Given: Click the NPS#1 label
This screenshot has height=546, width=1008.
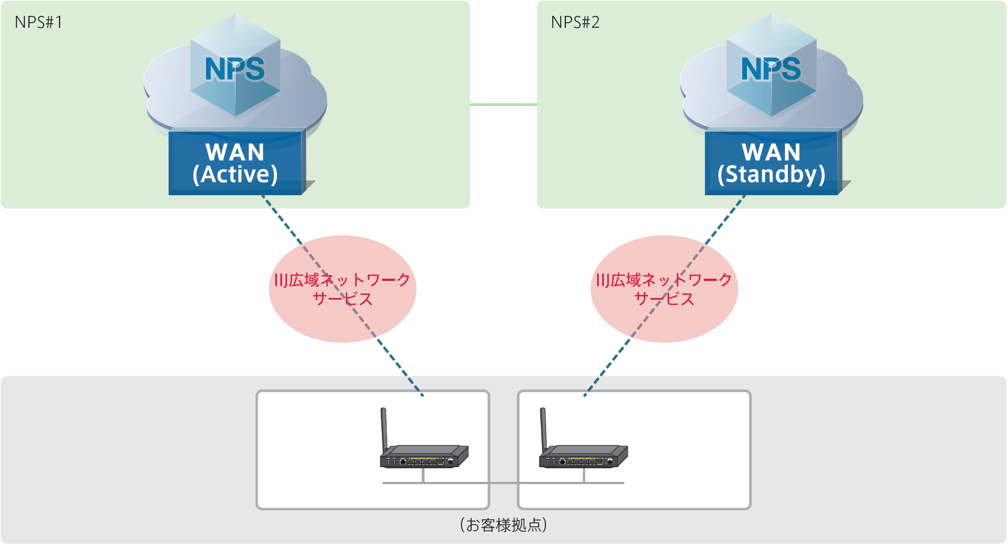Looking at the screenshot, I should tap(39, 23).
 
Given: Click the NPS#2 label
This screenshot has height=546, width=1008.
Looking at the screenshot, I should tap(575, 23).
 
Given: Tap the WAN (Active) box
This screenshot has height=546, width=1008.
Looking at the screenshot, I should tap(236, 163).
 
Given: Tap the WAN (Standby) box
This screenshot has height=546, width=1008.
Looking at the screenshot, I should tap(772, 163).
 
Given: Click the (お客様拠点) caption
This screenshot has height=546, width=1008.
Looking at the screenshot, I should tap(503, 525).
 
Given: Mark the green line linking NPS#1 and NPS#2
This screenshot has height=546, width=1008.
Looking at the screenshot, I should tap(503, 104).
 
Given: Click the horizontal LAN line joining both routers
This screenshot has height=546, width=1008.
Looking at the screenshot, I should tap(503, 483).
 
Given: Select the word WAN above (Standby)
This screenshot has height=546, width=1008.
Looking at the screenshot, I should tap(771, 152).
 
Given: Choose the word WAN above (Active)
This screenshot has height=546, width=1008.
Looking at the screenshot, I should tap(235, 152).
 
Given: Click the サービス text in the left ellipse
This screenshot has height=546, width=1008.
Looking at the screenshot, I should tap(342, 299).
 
